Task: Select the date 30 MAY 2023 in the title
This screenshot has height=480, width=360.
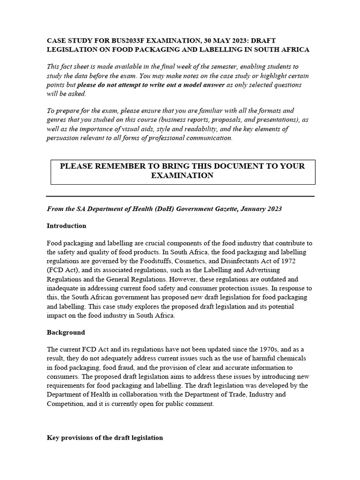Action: pos(217,41)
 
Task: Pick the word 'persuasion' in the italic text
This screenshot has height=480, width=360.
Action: pos(63,138)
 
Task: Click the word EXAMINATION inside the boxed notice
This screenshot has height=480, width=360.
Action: pos(182,175)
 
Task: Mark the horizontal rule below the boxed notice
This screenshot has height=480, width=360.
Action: pos(180,196)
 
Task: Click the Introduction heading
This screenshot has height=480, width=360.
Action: pos(66,225)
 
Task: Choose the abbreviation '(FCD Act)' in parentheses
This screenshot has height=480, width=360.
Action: pos(63,270)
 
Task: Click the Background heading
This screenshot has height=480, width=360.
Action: pos(66,332)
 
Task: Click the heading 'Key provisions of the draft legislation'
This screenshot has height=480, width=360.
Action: pos(105,437)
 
